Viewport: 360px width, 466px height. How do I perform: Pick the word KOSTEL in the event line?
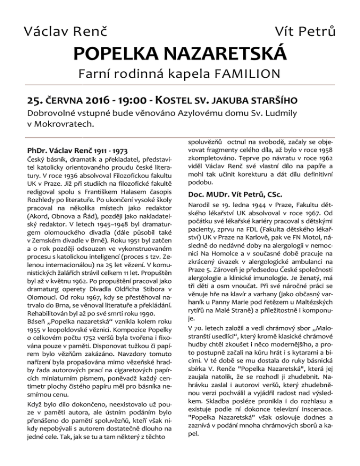(x=182, y=101)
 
